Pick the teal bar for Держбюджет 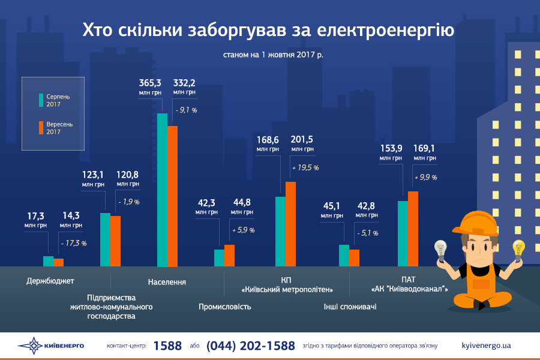pos(48,261)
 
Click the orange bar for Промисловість pos(229,255)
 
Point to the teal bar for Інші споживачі pos(344,255)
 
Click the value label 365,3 pos(151,82)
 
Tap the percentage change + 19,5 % pos(305,168)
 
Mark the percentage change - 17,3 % pos(74,243)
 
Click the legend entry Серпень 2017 pos(58,100)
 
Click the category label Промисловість pos(225,307)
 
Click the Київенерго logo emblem pos(30,346)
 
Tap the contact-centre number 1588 pos(167,346)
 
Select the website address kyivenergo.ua pos(487,346)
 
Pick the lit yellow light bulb pos(518,248)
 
